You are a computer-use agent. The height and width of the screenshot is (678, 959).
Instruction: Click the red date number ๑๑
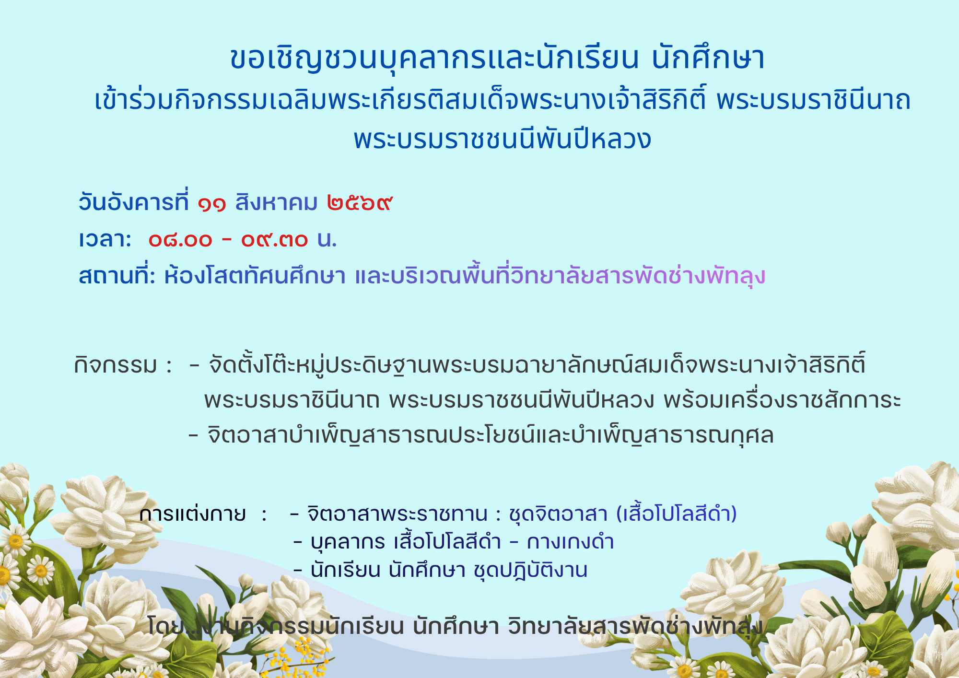pyautogui.click(x=212, y=204)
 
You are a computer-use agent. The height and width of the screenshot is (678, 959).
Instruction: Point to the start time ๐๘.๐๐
pyautogui.click(x=180, y=239)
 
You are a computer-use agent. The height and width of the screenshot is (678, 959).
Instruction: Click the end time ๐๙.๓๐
pyautogui.click(x=274, y=239)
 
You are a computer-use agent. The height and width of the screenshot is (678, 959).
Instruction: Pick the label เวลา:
pyautogui.click(x=105, y=239)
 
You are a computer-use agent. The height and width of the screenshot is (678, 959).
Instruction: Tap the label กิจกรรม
pyautogui.click(x=116, y=365)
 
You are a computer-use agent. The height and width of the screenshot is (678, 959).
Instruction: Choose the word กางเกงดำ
pyautogui.click(x=570, y=541)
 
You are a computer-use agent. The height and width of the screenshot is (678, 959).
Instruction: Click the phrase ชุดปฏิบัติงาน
pyautogui.click(x=530, y=571)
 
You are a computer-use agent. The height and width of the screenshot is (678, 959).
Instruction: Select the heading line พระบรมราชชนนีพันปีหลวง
pyautogui.click(x=502, y=139)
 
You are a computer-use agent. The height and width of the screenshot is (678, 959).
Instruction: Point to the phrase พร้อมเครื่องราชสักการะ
pyautogui.click(x=783, y=400)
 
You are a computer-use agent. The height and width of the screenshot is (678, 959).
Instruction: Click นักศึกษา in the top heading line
pyautogui.click(x=708, y=58)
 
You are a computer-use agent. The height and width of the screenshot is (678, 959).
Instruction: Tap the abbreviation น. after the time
pyautogui.click(x=327, y=239)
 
